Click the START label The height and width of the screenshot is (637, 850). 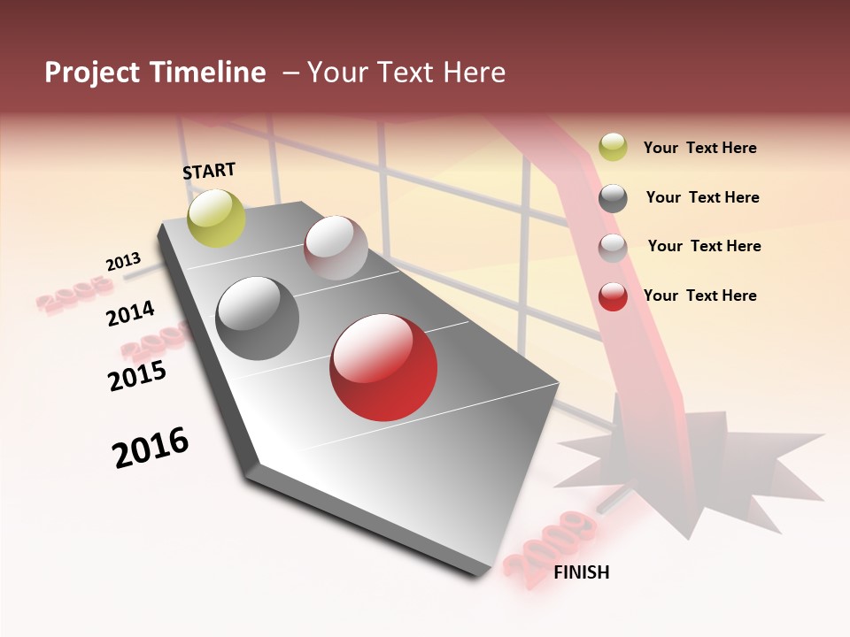(x=209, y=171)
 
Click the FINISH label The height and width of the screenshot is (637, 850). (x=582, y=572)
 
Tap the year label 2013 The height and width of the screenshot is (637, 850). (x=123, y=262)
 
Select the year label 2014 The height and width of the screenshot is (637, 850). (x=130, y=313)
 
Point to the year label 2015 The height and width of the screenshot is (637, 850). (x=137, y=376)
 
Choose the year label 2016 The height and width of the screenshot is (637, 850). (x=151, y=448)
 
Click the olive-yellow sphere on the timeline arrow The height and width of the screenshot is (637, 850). (x=217, y=218)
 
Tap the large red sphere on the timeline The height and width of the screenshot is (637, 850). (x=383, y=367)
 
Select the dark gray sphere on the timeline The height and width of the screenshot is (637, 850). (x=258, y=318)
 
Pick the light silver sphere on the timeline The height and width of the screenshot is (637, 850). (x=336, y=248)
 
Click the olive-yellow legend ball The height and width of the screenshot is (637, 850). (x=613, y=147)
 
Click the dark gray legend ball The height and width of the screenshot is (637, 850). (x=613, y=198)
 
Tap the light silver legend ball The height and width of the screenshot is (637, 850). (x=613, y=247)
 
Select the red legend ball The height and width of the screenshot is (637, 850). (x=613, y=296)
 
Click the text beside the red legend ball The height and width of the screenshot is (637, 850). (x=699, y=295)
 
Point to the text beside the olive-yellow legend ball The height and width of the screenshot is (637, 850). (x=699, y=148)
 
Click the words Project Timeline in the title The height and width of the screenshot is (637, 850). (x=155, y=73)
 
